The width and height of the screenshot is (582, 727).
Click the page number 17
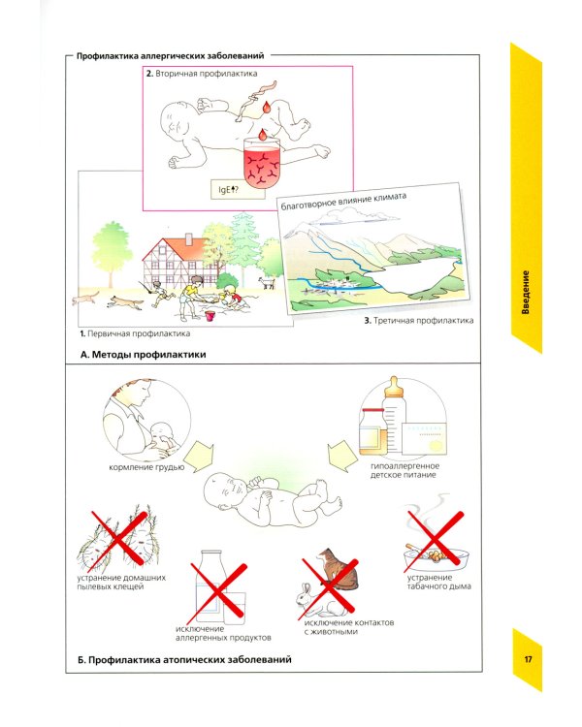coord(528,659)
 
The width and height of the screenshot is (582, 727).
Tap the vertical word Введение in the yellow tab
coord(526,293)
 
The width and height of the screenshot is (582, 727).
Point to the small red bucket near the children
coord(210,316)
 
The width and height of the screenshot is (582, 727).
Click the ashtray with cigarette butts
coord(436,557)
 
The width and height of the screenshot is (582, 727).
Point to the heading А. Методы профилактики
coord(143,355)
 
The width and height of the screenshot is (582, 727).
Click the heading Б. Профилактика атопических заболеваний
coord(184,659)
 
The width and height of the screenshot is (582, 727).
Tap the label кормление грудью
coord(146,467)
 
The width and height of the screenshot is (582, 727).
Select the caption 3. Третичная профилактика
coord(419,321)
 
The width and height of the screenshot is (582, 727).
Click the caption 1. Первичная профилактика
coord(135,333)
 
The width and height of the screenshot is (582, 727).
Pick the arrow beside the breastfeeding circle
coord(201,457)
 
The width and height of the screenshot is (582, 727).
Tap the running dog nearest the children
coord(126,302)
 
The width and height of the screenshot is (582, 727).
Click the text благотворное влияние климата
coord(343,202)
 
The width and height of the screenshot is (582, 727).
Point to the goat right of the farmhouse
coord(267,282)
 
